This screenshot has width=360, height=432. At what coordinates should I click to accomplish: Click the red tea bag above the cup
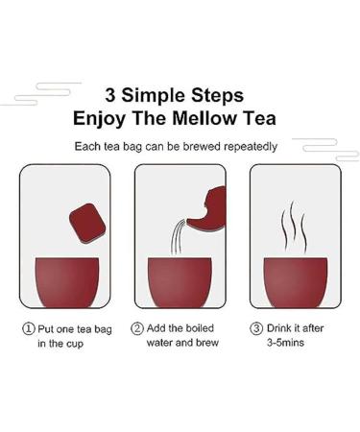tap(87, 223)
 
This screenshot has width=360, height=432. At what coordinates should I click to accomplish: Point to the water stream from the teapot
tap(178, 237)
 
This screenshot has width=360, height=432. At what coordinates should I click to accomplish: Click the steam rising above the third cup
tap(294, 227)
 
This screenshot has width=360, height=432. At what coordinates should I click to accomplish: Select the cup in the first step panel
tap(67, 282)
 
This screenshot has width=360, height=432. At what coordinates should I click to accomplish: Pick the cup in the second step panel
tap(180, 282)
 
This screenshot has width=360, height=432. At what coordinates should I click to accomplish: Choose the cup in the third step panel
tap(296, 282)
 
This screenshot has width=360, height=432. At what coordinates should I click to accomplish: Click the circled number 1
tap(29, 328)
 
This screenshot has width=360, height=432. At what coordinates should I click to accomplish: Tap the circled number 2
tap(137, 328)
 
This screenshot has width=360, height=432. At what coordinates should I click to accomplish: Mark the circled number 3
tap(256, 328)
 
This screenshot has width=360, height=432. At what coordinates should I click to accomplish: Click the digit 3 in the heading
tap(110, 95)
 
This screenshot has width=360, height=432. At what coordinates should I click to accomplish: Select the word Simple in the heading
tap(154, 96)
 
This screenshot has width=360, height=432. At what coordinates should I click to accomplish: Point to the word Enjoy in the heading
tap(99, 119)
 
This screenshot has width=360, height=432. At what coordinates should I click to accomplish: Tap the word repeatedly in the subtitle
tap(251, 147)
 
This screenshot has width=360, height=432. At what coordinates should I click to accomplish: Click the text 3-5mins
tap(285, 343)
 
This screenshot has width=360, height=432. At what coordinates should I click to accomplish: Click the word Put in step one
tap(46, 329)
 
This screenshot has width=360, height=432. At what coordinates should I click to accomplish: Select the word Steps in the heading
tap(217, 96)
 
